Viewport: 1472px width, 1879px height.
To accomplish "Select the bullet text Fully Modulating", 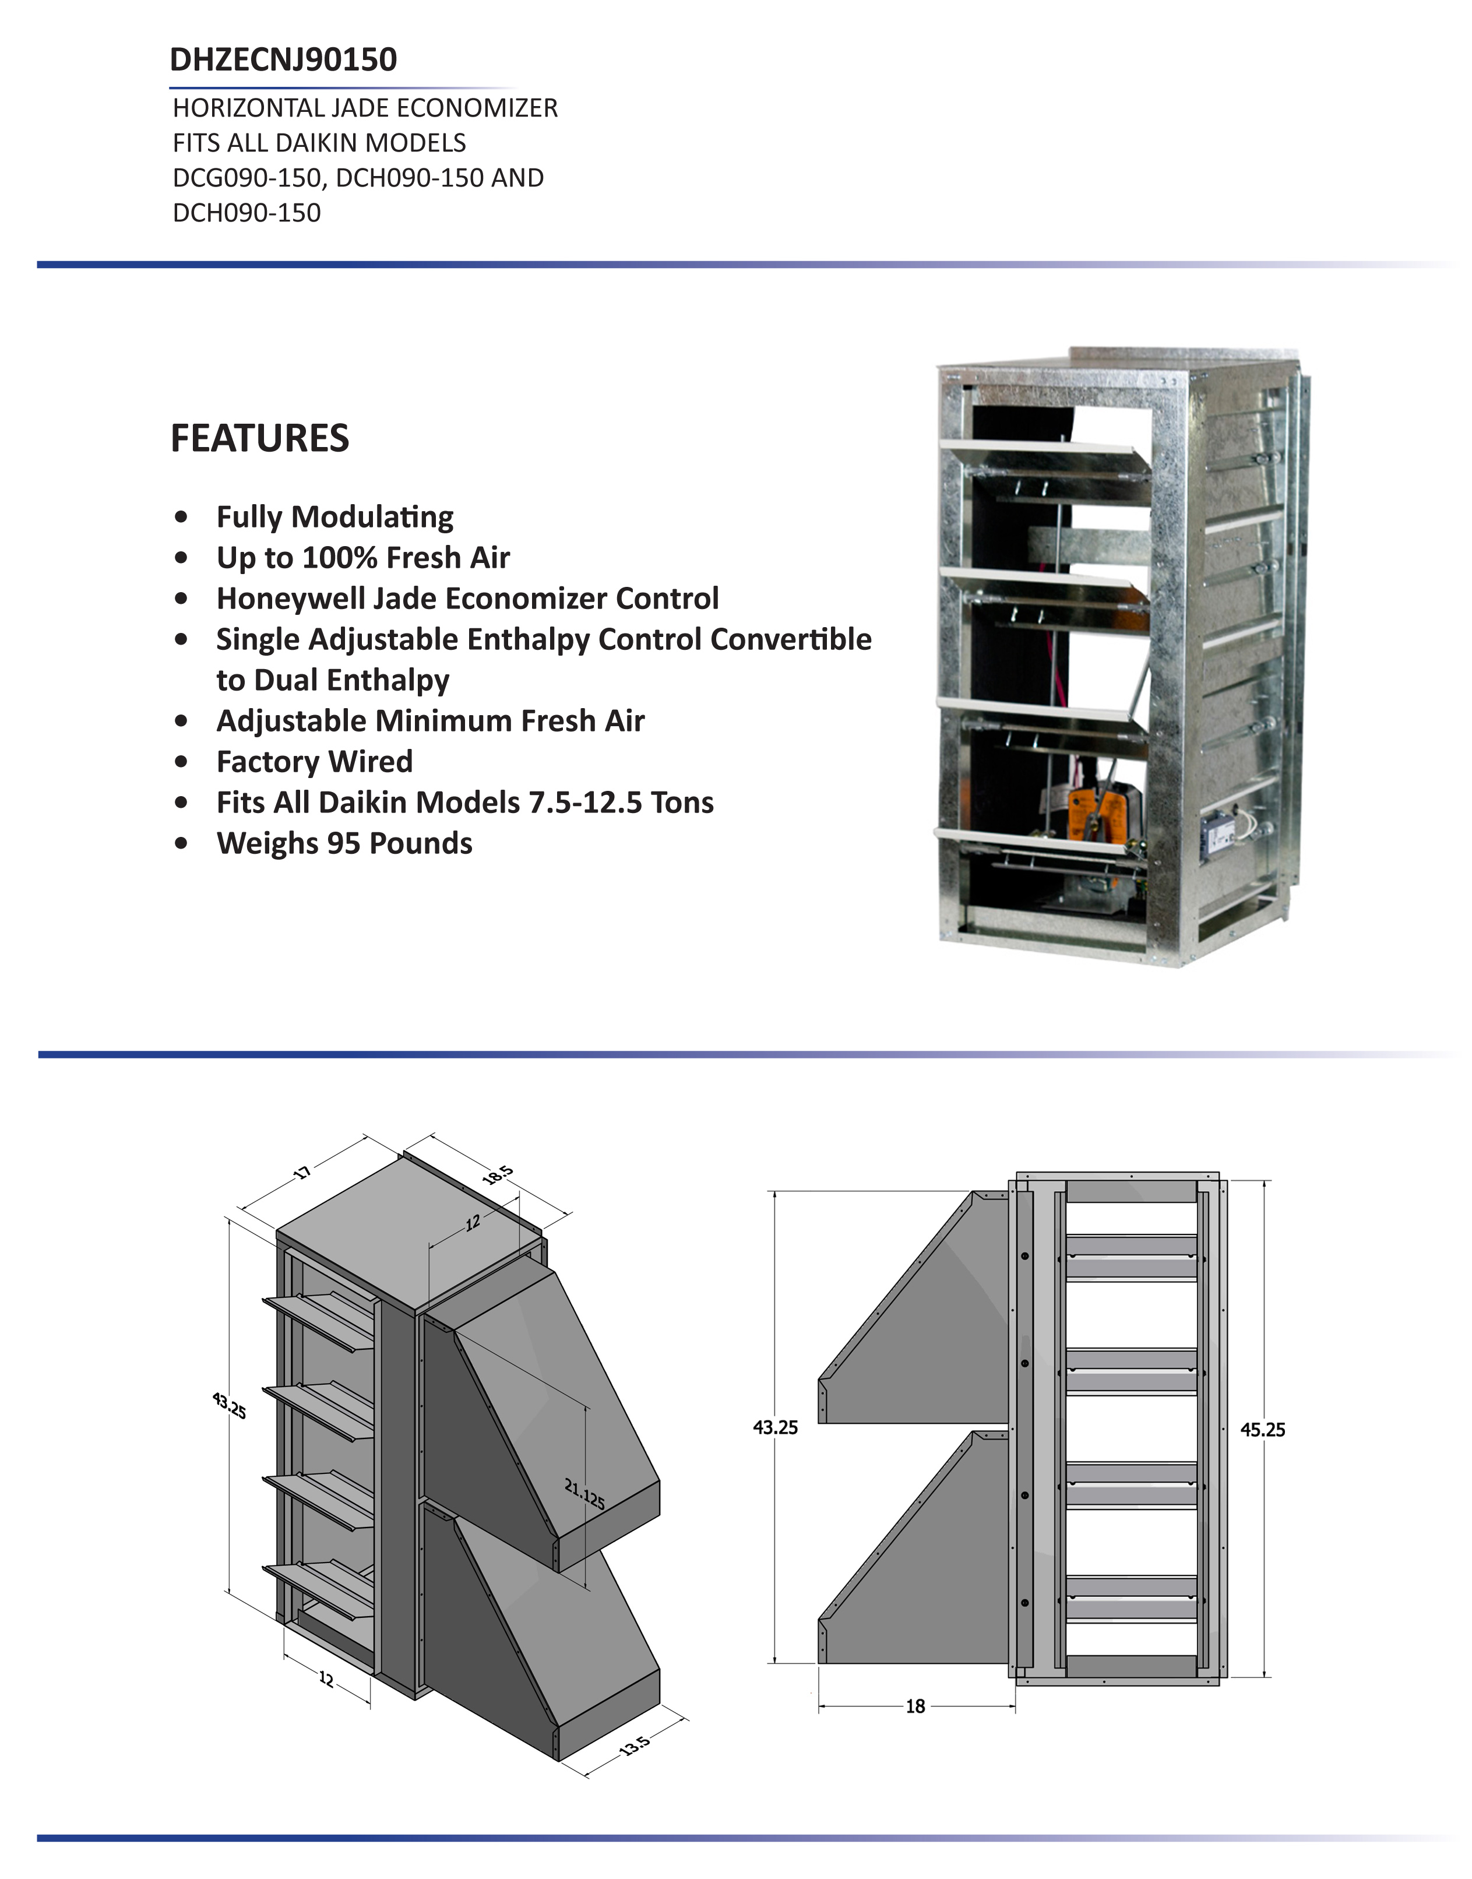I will [334, 517].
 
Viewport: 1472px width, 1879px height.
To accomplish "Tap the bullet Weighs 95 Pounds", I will [344, 843].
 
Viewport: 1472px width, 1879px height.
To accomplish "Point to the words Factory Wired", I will [315, 762].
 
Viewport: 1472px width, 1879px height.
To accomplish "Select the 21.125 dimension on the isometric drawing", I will [584, 1494].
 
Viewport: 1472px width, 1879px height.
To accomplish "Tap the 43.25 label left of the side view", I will [775, 1427].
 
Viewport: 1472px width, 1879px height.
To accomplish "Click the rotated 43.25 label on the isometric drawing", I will [229, 1406].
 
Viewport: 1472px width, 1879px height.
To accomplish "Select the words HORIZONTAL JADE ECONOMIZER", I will [365, 108].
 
